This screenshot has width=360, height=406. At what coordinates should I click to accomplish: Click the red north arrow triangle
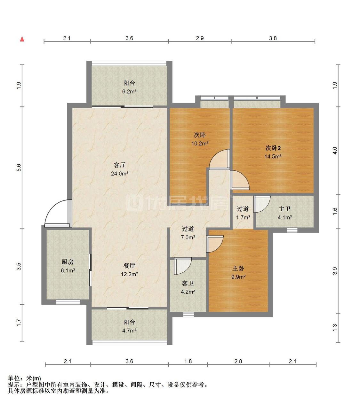coord(22,39)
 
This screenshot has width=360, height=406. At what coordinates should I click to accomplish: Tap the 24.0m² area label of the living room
coord(120,174)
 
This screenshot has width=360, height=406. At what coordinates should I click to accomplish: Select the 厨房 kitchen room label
coord(68,262)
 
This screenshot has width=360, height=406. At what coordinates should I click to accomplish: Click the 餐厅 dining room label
coord(129,266)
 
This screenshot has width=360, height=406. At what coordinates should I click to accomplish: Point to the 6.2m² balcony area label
coord(129,91)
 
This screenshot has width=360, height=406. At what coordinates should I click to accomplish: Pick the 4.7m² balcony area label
coord(129,331)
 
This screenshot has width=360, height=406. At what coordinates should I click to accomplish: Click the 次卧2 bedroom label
coord(273,148)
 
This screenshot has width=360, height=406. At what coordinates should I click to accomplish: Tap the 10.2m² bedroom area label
coord(200,144)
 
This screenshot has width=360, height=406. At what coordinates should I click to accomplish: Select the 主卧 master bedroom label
coord(238,268)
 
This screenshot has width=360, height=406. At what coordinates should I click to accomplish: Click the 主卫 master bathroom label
coord(284,209)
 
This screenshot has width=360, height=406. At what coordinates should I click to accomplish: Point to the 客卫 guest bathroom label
coord(188,283)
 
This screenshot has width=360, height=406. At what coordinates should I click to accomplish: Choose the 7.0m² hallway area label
coord(188,238)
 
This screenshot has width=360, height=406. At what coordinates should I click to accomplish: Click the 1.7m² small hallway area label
coord(243,217)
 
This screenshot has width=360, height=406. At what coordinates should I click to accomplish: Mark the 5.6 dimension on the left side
coord(19,168)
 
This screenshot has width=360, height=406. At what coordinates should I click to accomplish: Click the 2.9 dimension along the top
coord(200,38)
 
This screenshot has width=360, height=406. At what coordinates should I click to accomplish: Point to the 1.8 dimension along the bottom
coord(188,361)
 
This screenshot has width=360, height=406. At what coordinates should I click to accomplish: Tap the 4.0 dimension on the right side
coord(335,150)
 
